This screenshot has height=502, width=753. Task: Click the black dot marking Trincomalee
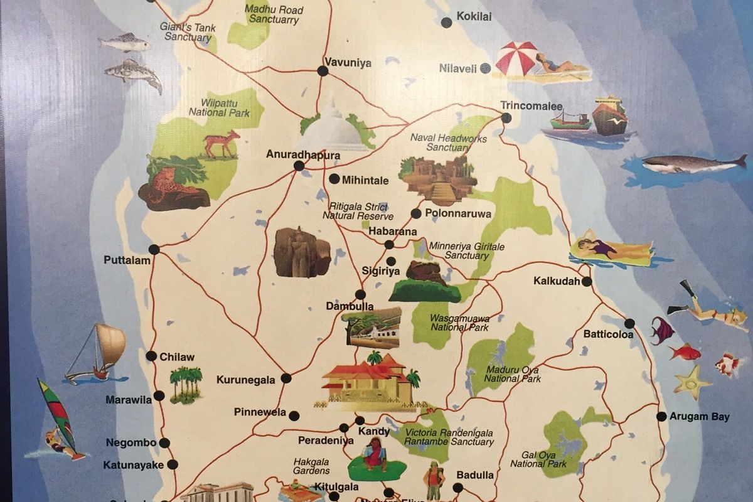pos(506,118)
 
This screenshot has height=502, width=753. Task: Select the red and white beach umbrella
pos(516,58)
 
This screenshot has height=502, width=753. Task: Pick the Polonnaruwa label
pos(458,213)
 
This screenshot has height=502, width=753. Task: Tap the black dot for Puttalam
pos(154,249)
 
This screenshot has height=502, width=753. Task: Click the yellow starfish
pos(692,382)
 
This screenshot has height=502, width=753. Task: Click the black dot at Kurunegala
pos(286,378)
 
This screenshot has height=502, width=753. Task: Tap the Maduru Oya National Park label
pos(512,374)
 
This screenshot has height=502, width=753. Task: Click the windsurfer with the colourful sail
pos(56,420)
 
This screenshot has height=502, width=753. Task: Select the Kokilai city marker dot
pos(446,23)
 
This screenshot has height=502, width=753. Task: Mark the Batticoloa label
pos(608,334)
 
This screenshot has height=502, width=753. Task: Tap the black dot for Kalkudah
pos(587,282)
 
